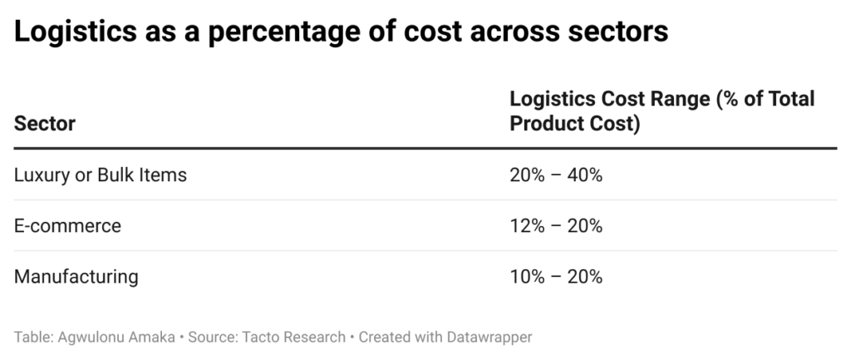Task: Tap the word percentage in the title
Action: coord(273,32)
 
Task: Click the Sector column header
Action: coord(45,124)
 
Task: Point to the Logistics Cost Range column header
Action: coord(662,111)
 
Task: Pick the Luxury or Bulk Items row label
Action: coord(101,175)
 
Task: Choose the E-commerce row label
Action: coord(67,225)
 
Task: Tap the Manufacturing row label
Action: coord(76,276)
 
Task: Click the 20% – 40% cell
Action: coord(556,175)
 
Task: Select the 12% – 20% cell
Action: coord(556,225)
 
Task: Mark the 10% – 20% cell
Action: coord(556,276)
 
